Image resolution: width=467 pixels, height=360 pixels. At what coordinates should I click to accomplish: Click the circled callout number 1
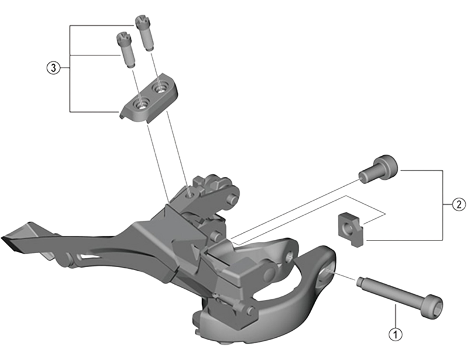coord(395,335)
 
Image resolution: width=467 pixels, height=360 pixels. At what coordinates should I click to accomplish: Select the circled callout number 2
coord(458,204)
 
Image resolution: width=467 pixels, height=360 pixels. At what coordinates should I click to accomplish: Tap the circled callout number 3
coord(53,68)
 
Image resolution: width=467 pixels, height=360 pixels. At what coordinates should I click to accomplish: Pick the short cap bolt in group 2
coord(378,169)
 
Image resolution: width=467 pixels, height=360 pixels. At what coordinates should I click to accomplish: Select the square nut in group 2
coord(349,227)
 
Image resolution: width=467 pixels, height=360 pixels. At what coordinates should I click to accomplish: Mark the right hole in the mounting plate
coord(159,88)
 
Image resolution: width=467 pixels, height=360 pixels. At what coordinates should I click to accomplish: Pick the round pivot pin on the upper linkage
coord(232,200)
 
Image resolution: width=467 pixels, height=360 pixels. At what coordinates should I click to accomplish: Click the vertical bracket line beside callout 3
coord(70,68)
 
